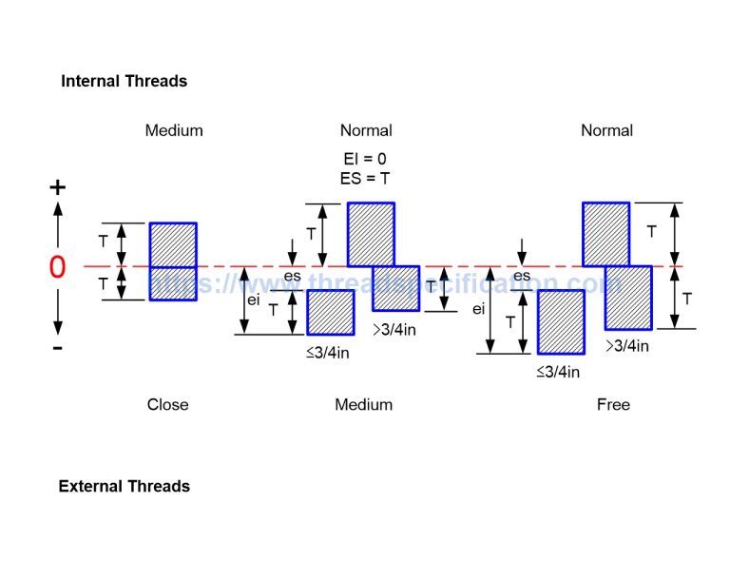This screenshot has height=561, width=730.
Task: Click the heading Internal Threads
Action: pyautogui.click(x=124, y=82)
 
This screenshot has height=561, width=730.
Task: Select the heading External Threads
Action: pyautogui.click(x=124, y=487)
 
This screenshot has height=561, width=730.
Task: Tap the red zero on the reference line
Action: pyautogui.click(x=57, y=268)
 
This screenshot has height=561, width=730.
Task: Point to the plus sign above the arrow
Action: pyautogui.click(x=58, y=187)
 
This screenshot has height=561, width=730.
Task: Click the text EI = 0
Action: pyautogui.click(x=365, y=159)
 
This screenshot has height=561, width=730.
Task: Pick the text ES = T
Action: pyautogui.click(x=365, y=178)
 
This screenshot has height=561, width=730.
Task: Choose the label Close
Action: pyautogui.click(x=167, y=405)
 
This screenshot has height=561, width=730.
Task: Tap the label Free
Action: pyautogui.click(x=613, y=405)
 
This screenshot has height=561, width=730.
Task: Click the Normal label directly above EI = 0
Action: pyautogui.click(x=366, y=130)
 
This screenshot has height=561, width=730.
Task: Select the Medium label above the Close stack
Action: pyautogui.click(x=174, y=130)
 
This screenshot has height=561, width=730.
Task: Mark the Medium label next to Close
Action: pyautogui.click(x=363, y=405)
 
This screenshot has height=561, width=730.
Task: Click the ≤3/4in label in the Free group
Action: pyautogui.click(x=558, y=372)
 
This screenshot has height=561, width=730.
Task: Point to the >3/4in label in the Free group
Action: pyautogui.click(x=627, y=346)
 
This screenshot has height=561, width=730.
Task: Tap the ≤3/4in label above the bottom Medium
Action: pyautogui.click(x=327, y=353)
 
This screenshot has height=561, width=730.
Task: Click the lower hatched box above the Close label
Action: pyautogui.click(x=173, y=283)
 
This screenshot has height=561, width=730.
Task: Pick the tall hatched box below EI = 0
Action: pyautogui.click(x=371, y=234)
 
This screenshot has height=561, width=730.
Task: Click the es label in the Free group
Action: pyautogui.click(x=522, y=276)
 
